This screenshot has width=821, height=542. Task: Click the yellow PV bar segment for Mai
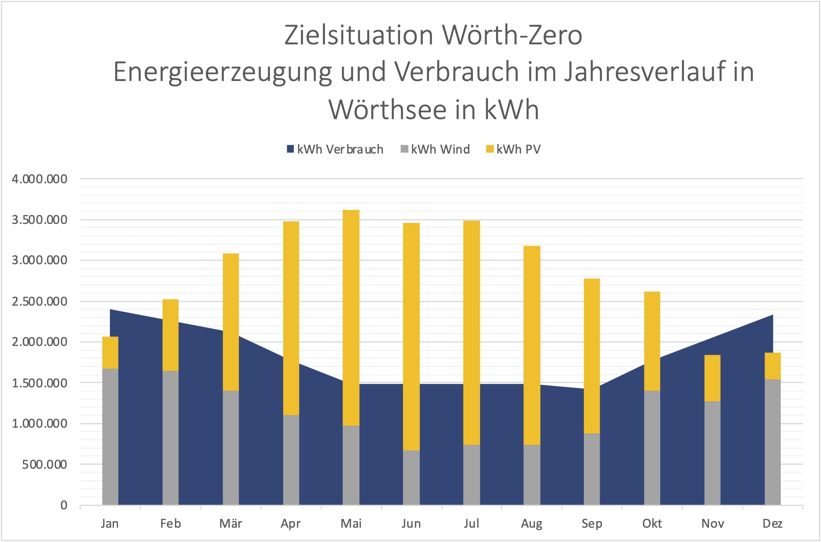pos(351,317)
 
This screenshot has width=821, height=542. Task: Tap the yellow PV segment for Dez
pos(772,366)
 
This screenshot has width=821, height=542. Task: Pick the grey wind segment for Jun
pos(411,477)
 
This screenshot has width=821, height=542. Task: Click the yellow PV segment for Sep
pos(592,355)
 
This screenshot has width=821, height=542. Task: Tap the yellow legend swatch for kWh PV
pos(489,149)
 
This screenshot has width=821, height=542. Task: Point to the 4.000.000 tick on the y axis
pos(40,179)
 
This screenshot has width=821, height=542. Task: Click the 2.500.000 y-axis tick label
pos(40,302)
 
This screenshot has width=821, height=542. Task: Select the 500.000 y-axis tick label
pos(44,465)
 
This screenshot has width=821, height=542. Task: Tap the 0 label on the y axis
pos(64,505)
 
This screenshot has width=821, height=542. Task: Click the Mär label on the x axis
pos(230,524)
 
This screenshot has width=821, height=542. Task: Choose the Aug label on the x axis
pos(531,524)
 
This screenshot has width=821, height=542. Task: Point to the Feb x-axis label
pos(170,524)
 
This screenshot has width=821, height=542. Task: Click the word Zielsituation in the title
pos(358,35)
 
